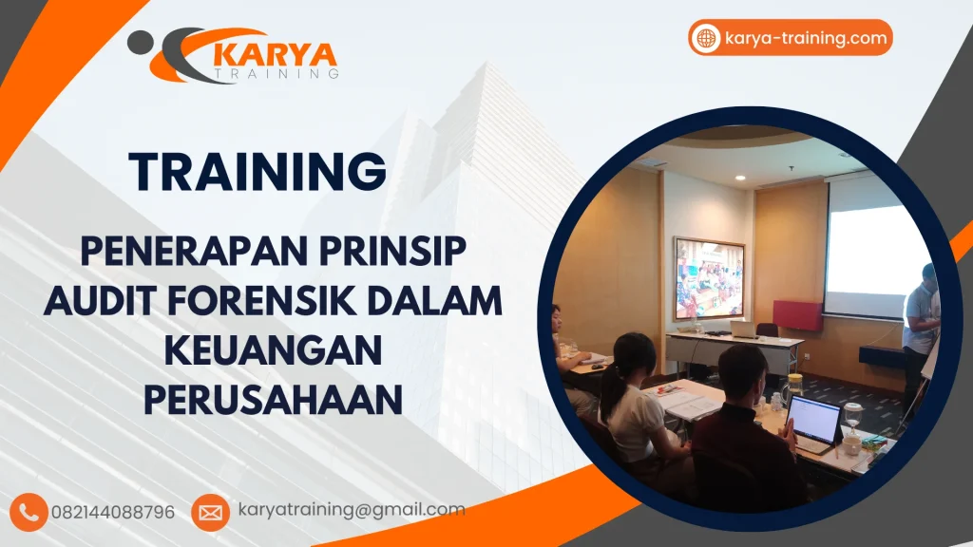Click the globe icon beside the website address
click(706, 38)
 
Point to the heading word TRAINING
click(258, 172)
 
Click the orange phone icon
click(31, 512)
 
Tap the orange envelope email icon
click(210, 512)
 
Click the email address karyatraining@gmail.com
click(352, 510)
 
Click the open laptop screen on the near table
click(814, 419)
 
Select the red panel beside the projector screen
click(796, 315)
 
